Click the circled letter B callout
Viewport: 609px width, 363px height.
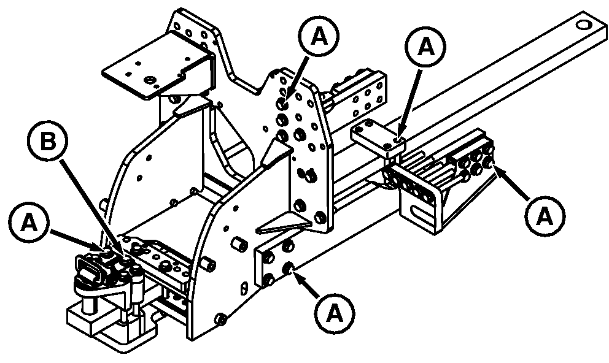click(x=47, y=141)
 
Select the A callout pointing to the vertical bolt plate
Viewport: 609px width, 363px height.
click(x=319, y=36)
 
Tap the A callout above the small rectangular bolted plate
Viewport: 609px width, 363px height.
click(x=425, y=47)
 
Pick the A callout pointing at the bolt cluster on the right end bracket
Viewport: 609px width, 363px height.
click(x=545, y=216)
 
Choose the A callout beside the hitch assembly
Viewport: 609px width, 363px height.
click(x=29, y=223)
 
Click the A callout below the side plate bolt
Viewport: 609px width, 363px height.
click(x=335, y=314)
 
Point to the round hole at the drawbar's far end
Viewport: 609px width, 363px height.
click(x=583, y=25)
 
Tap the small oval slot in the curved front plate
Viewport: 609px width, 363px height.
click(x=244, y=289)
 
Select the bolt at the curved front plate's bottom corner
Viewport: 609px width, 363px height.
click(x=221, y=319)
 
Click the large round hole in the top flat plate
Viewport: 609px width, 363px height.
click(x=149, y=80)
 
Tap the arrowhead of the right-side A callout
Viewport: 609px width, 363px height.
click(x=498, y=169)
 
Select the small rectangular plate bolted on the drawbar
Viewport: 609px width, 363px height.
click(x=378, y=136)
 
